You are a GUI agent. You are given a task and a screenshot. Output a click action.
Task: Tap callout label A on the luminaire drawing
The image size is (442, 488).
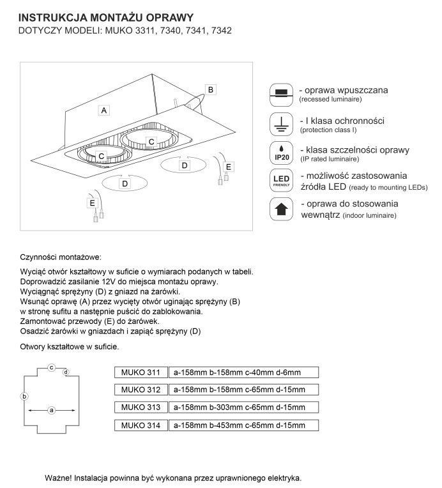click(x=103, y=110)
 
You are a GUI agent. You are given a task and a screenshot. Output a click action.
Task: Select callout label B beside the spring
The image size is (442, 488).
click(x=212, y=89)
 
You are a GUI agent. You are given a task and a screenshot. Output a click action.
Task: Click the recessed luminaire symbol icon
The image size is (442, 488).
click(x=279, y=93)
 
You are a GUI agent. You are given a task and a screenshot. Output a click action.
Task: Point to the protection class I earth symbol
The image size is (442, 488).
click(x=279, y=123)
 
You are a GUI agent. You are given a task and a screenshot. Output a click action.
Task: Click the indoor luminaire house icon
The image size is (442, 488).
click(x=280, y=210)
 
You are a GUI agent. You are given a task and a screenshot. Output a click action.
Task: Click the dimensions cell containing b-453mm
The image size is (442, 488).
click(x=243, y=425)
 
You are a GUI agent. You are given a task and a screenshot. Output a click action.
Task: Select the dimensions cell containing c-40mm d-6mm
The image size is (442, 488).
click(x=243, y=372)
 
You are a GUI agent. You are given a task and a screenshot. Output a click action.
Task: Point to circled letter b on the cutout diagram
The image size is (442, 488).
click(x=24, y=397)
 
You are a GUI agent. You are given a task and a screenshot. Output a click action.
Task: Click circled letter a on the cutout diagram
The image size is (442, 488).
click(x=52, y=409)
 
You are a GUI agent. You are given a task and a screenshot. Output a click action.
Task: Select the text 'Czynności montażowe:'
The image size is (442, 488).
click(x=61, y=257)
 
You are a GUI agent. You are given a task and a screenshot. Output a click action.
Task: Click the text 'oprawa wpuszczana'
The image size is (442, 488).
click(x=353, y=91)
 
